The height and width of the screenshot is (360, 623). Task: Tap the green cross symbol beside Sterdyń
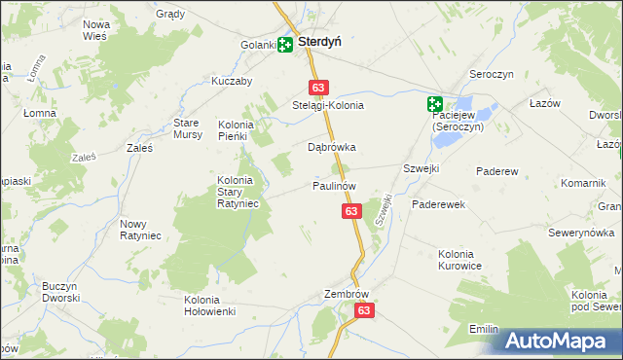pyautogui.click(x=284, y=44)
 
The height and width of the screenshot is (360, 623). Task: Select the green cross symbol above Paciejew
pyautogui.click(x=434, y=104)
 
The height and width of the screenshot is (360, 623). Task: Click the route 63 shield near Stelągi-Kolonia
pyautogui.click(x=319, y=87)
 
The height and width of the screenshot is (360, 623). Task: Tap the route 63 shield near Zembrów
pyautogui.click(x=364, y=310)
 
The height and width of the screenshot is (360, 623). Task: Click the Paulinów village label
pyautogui.click(x=334, y=185)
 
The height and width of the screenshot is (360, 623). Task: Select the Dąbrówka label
pyautogui.click(x=332, y=148)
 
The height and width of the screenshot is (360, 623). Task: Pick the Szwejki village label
pyautogui.click(x=421, y=168)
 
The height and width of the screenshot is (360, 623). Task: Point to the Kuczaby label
pyautogui.click(x=232, y=82)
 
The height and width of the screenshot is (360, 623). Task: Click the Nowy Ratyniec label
pyautogui.click(x=140, y=230)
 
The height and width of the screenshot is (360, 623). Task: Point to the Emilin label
pyautogui.click(x=484, y=330)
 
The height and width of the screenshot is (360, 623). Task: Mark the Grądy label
pyautogui.click(x=170, y=15)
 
